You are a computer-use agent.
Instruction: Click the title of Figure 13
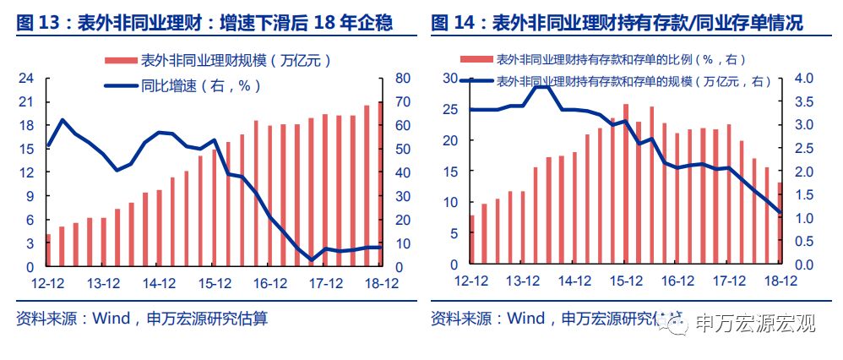click(x=204, y=24)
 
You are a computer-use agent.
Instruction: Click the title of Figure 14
click(x=617, y=24)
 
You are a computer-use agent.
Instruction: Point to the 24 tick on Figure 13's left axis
click(x=26, y=79)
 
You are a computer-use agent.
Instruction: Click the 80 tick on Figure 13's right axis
click(x=402, y=79)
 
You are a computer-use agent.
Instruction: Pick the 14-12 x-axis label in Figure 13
click(x=158, y=283)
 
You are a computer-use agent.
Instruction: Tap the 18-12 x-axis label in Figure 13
click(x=381, y=283)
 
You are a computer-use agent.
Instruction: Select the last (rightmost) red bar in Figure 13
click(x=380, y=183)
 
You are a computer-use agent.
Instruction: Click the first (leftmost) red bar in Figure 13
click(x=48, y=249)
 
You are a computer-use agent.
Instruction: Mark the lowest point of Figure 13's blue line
click(x=312, y=259)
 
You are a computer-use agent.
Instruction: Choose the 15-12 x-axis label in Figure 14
click(x=624, y=283)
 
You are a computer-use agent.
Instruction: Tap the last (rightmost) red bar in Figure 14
click(x=779, y=224)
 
